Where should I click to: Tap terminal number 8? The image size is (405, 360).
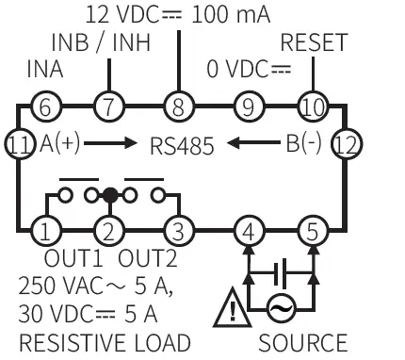coord(175,106)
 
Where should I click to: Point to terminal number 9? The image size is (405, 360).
coord(248,106)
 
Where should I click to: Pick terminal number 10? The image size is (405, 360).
coord(311,106)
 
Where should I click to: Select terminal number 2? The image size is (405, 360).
coord(110,229)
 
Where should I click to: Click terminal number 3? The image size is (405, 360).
coord(175,229)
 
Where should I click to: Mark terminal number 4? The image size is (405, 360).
coord(248,229)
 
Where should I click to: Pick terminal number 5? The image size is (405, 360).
coord(311,229)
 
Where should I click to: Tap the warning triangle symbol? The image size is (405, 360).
coord(230,306)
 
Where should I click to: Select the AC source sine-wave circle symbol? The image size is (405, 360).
coord(280,307)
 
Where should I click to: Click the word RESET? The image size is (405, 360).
coord(314,43)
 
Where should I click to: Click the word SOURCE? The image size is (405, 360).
coord(302,342)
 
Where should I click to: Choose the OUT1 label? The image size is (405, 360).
coord(73,257)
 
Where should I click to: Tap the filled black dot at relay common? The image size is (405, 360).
coord(110,196)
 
